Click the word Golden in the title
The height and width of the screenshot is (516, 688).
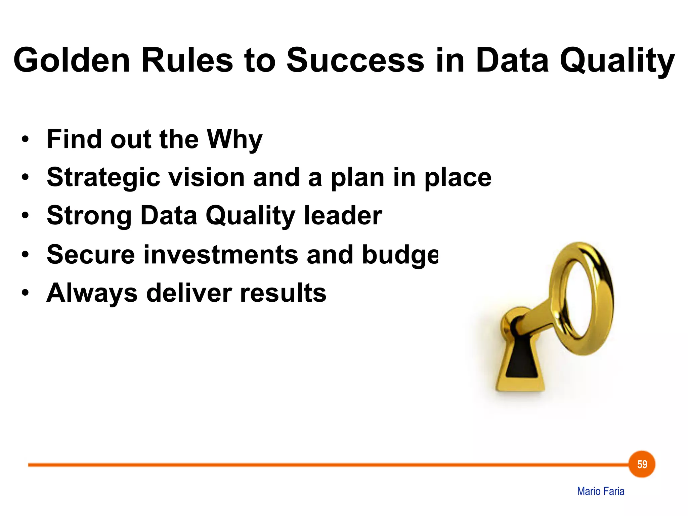[x=72, y=60]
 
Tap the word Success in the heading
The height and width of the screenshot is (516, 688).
[x=355, y=60]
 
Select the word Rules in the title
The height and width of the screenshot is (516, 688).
[x=187, y=60]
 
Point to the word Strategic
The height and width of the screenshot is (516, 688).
[x=103, y=178]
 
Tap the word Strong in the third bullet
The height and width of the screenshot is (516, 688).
[x=89, y=216]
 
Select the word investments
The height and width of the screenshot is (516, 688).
[x=221, y=254]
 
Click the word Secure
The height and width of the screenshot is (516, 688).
[x=91, y=254]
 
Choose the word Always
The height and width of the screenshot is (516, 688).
[x=92, y=293]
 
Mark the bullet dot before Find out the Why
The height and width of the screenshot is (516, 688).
[x=25, y=139]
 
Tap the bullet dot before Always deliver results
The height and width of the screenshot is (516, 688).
[x=25, y=293]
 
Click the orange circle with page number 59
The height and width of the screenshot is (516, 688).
[x=642, y=464]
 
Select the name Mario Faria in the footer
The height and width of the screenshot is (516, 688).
[x=600, y=491]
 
